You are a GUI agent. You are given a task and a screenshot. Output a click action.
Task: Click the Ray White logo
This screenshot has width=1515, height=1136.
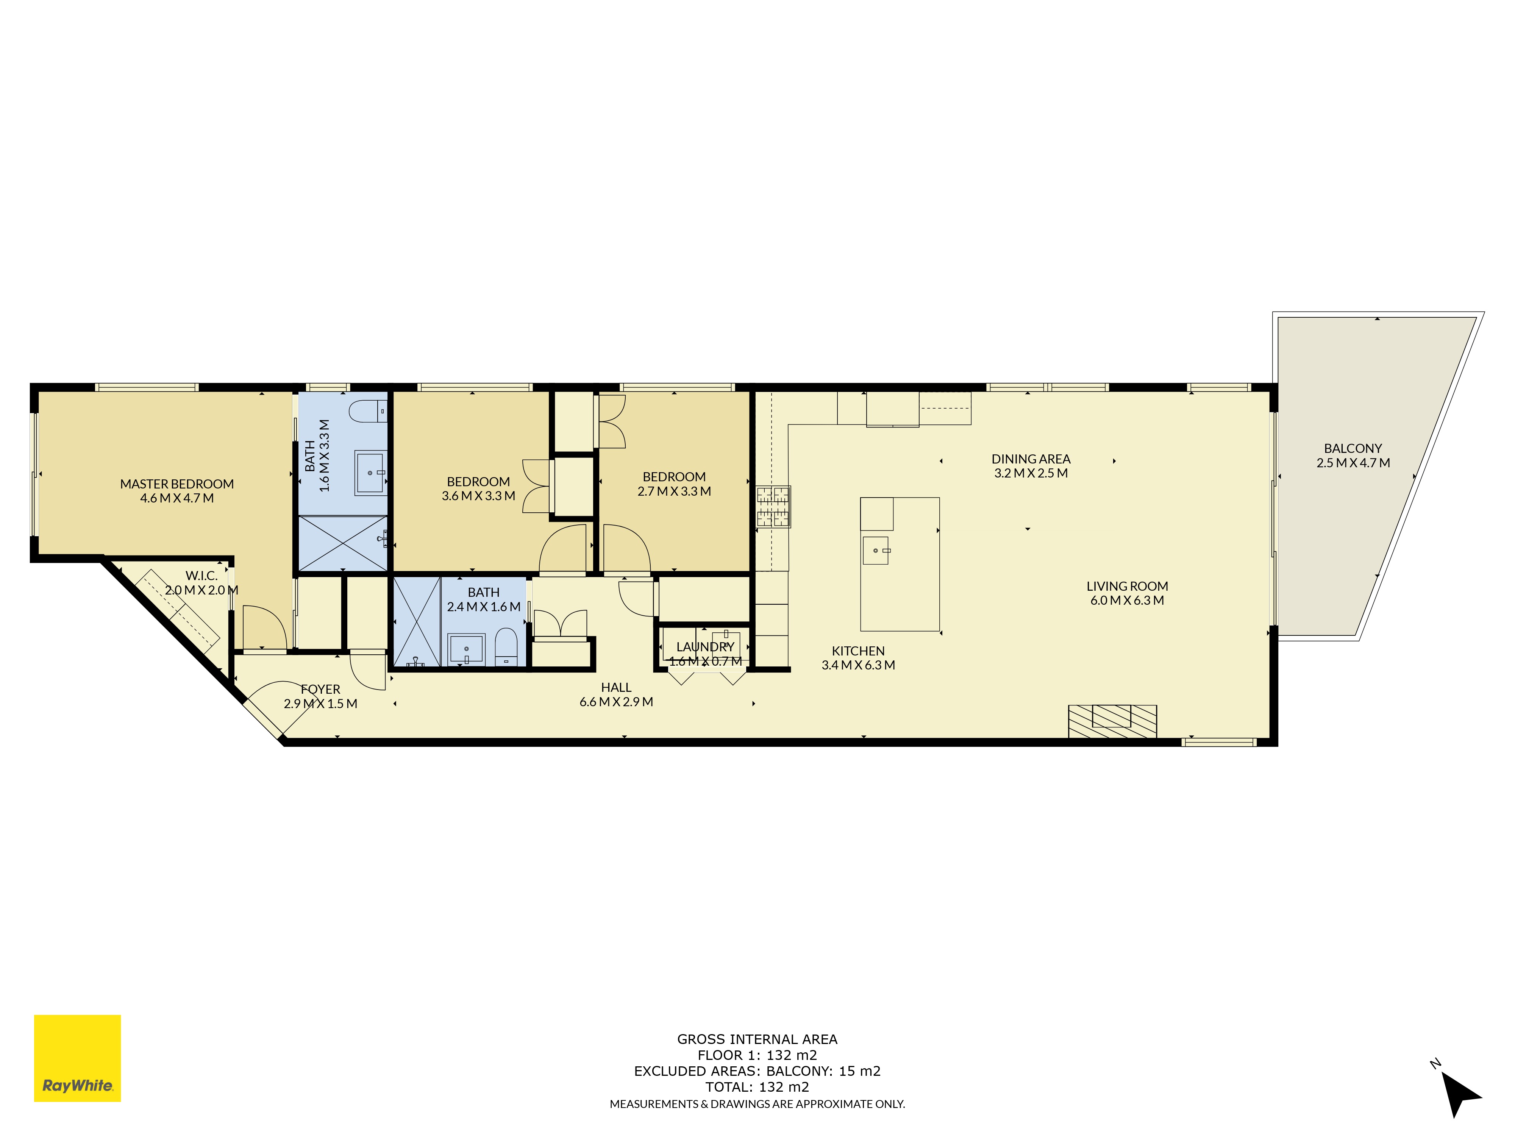(x=77, y=1058)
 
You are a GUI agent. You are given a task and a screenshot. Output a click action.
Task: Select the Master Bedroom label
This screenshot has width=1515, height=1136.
(x=177, y=484)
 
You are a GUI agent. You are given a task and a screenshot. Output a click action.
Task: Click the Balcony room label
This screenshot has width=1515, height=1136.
(x=1353, y=448)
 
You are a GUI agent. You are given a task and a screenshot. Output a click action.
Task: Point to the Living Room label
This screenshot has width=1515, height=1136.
(x=1127, y=586)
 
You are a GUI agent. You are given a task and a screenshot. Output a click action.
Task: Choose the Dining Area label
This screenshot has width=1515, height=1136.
(x=1031, y=459)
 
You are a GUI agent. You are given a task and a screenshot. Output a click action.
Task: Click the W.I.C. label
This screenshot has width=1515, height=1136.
(x=201, y=576)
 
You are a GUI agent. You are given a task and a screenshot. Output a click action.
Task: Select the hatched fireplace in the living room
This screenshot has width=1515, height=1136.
(x=1112, y=721)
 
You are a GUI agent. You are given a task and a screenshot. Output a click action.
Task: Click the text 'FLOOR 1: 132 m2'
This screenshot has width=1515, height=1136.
(x=757, y=1055)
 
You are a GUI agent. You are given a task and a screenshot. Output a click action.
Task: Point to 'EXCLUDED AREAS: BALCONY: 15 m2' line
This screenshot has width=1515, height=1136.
(x=757, y=1071)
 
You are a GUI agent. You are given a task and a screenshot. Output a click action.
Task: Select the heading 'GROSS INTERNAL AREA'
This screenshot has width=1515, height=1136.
(x=757, y=1039)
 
